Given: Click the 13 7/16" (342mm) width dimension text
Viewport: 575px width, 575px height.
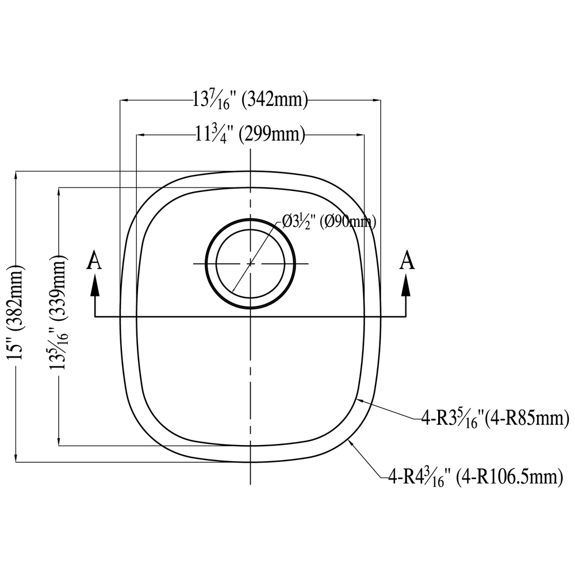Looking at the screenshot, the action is point(250,99).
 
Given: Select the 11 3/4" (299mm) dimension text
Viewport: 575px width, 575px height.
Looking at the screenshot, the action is point(250,135).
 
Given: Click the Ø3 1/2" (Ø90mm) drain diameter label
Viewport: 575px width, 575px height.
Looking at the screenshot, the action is point(329,222).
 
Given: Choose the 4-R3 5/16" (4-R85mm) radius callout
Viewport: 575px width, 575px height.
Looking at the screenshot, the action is point(495,419).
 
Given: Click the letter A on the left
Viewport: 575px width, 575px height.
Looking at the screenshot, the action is point(94,260).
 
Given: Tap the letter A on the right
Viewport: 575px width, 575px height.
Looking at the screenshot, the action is point(407,260).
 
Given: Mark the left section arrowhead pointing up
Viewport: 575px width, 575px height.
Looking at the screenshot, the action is point(95,285).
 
